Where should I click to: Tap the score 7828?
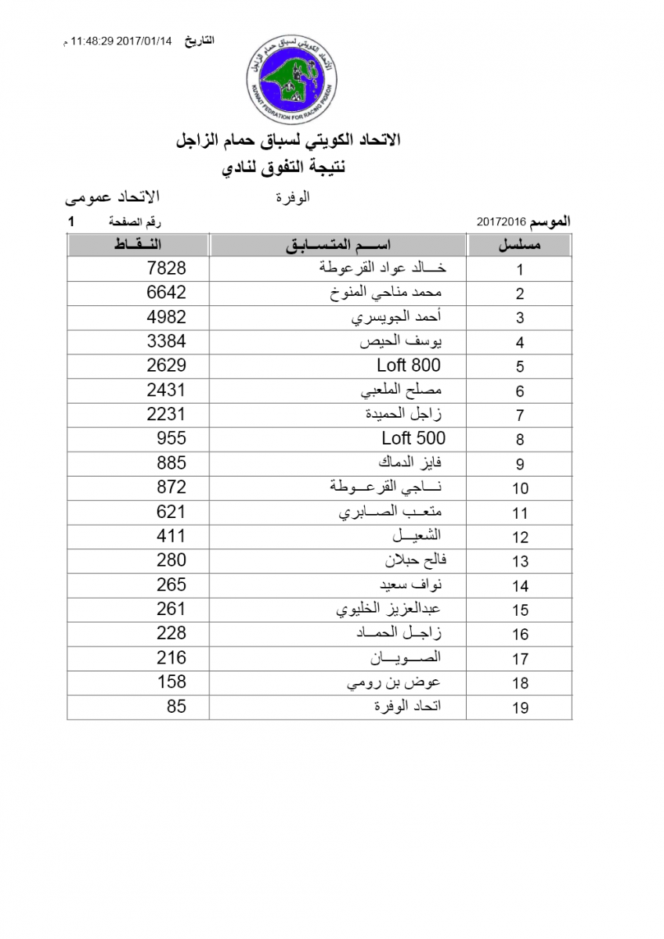coord(167,268)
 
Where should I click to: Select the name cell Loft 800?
coord(409,365)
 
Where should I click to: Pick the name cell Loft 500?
coord(413,438)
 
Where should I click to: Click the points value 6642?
coord(167,293)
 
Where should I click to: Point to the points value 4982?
coord(167,317)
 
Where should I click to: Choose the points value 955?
coord(171,438)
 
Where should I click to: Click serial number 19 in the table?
coord(520,708)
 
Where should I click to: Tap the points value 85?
coord(177,706)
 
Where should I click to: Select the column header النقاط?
coord(138,245)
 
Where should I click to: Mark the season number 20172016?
coord(501,222)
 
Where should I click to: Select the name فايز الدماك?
coord(410,462)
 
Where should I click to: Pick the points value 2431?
coord(167,390)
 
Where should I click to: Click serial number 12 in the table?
coord(520,538)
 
